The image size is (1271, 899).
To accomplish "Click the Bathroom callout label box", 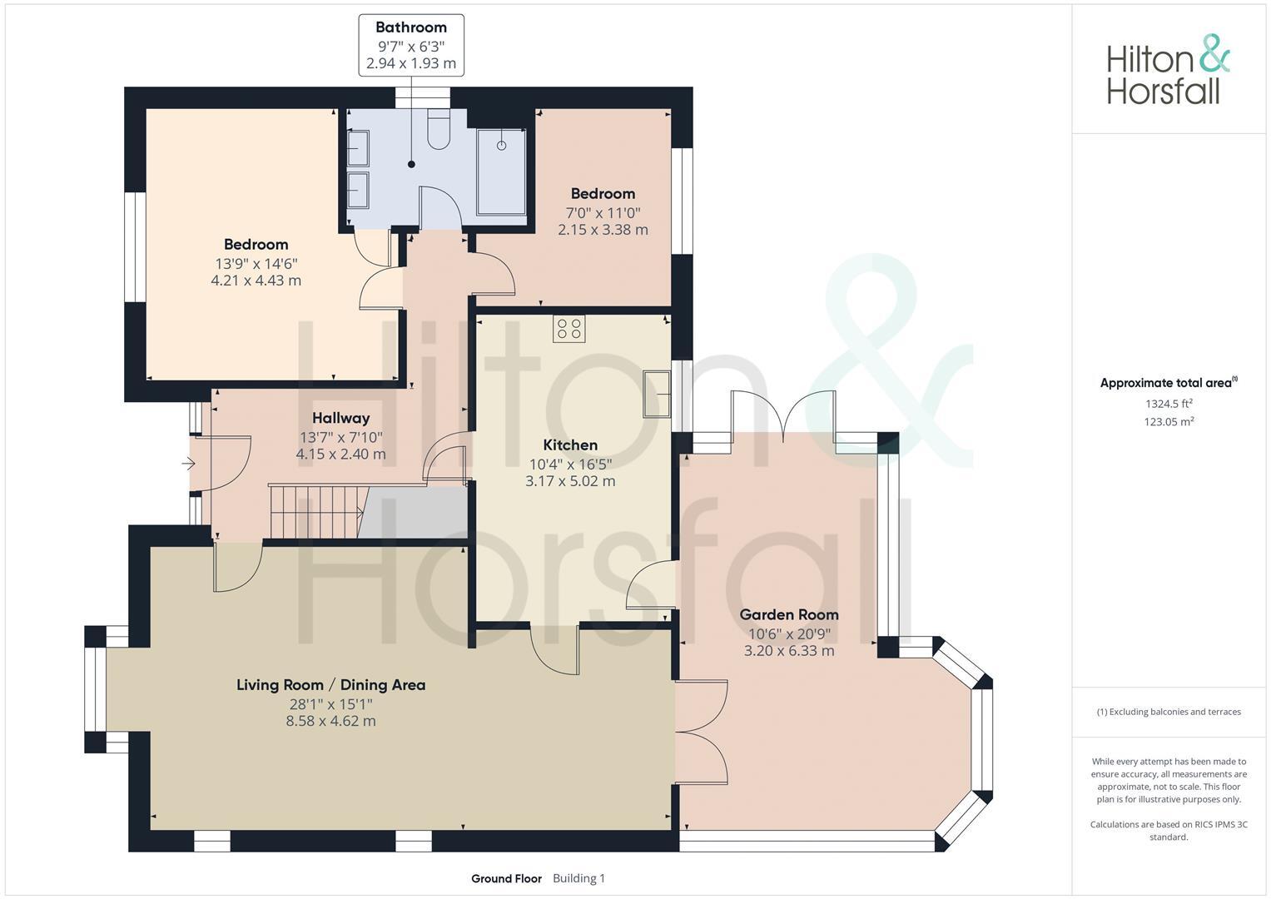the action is pyautogui.click(x=411, y=46).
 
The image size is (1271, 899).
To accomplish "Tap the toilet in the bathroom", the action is pyautogui.click(x=439, y=129).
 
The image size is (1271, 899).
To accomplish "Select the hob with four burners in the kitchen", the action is pyautogui.click(x=569, y=329).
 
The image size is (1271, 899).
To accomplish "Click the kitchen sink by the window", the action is pyautogui.click(x=657, y=394).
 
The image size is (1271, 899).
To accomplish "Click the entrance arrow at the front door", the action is pyautogui.click(x=188, y=464).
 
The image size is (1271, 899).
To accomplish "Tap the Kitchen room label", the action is pyautogui.click(x=570, y=445).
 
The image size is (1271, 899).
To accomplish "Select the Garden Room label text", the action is pyautogui.click(x=789, y=614).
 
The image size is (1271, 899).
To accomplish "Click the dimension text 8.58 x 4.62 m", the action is pyautogui.click(x=330, y=721).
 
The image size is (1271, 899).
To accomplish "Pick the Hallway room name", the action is pyautogui.click(x=341, y=418).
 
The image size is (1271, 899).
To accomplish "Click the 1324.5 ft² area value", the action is pyautogui.click(x=1169, y=404).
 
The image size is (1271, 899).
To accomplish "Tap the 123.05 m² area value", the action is pyautogui.click(x=1169, y=422).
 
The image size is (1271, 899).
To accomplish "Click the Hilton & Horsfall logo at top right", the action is pyautogui.click(x=1169, y=69).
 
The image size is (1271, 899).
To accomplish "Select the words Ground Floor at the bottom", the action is pyautogui.click(x=506, y=878).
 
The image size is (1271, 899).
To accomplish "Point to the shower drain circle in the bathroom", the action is pyautogui.click(x=502, y=146).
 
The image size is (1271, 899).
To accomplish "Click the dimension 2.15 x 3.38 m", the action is pyautogui.click(x=603, y=230).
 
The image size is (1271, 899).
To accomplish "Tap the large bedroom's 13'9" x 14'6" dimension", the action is pyautogui.click(x=256, y=263).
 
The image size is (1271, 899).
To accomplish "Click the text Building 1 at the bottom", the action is pyautogui.click(x=578, y=878).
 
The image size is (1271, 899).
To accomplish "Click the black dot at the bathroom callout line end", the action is pyautogui.click(x=411, y=164).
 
